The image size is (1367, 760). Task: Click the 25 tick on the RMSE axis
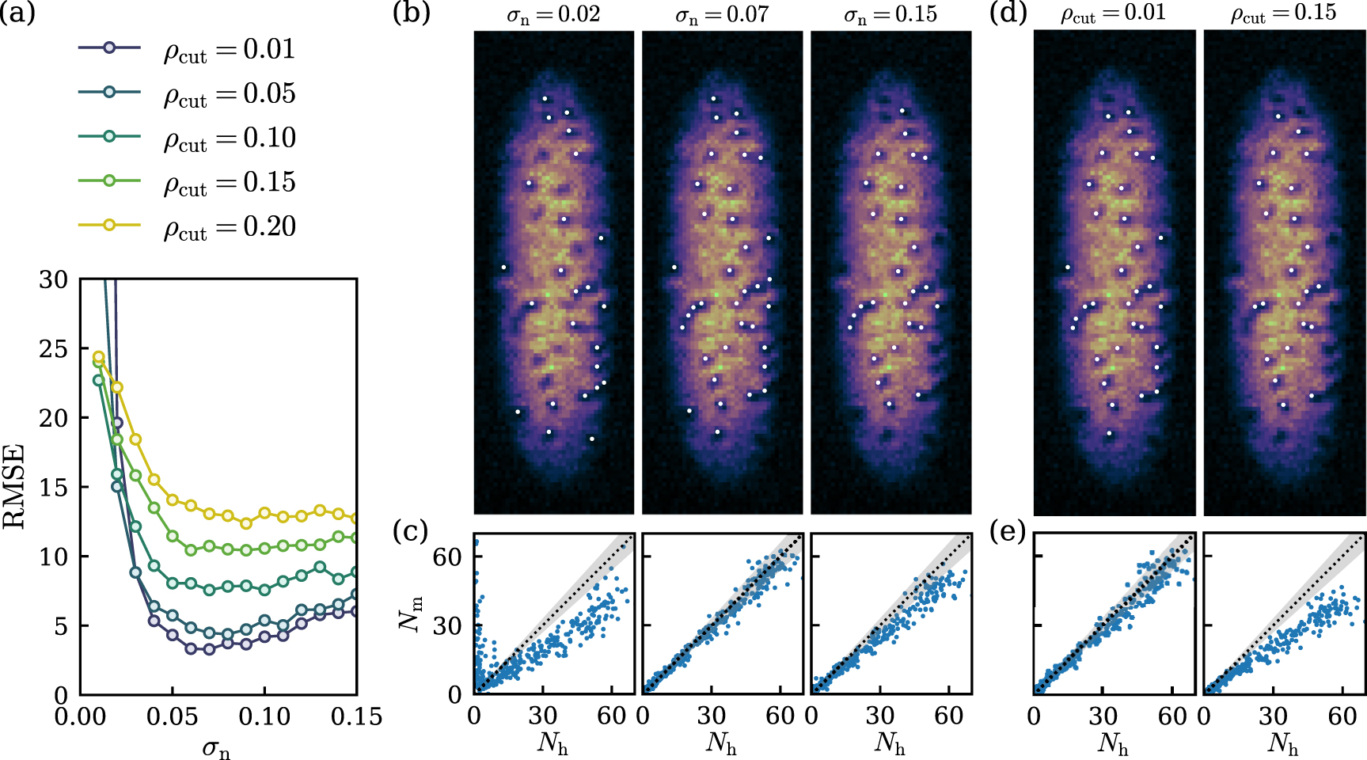pos(53,348)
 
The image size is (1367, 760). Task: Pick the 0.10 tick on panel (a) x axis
pos(264,716)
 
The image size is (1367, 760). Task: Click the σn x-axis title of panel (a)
pos(215,747)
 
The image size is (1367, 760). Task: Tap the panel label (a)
pos(17,13)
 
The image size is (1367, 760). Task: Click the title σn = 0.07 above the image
pos(721,14)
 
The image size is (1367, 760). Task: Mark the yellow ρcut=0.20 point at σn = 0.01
pos(99,357)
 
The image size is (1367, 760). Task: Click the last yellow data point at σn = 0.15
pos(356,519)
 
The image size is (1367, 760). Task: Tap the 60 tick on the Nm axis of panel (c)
pos(448,557)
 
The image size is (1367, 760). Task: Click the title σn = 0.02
pos(553,14)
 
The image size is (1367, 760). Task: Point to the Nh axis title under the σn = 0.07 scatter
pos(722,744)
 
